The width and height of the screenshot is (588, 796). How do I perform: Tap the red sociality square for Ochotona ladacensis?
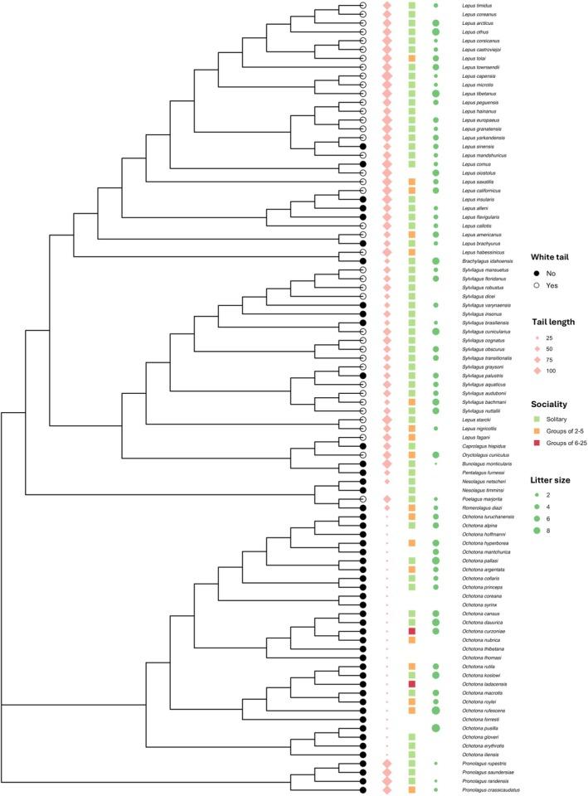pos(412,683)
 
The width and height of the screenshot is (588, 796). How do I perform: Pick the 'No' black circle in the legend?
pos(537,273)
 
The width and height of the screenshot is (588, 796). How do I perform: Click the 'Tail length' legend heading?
pos(555,322)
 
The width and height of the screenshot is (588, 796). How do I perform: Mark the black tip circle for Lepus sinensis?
pos(362,146)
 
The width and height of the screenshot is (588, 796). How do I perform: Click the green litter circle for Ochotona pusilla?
pos(435,727)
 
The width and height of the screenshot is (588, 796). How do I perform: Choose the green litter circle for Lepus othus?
pos(435,32)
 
